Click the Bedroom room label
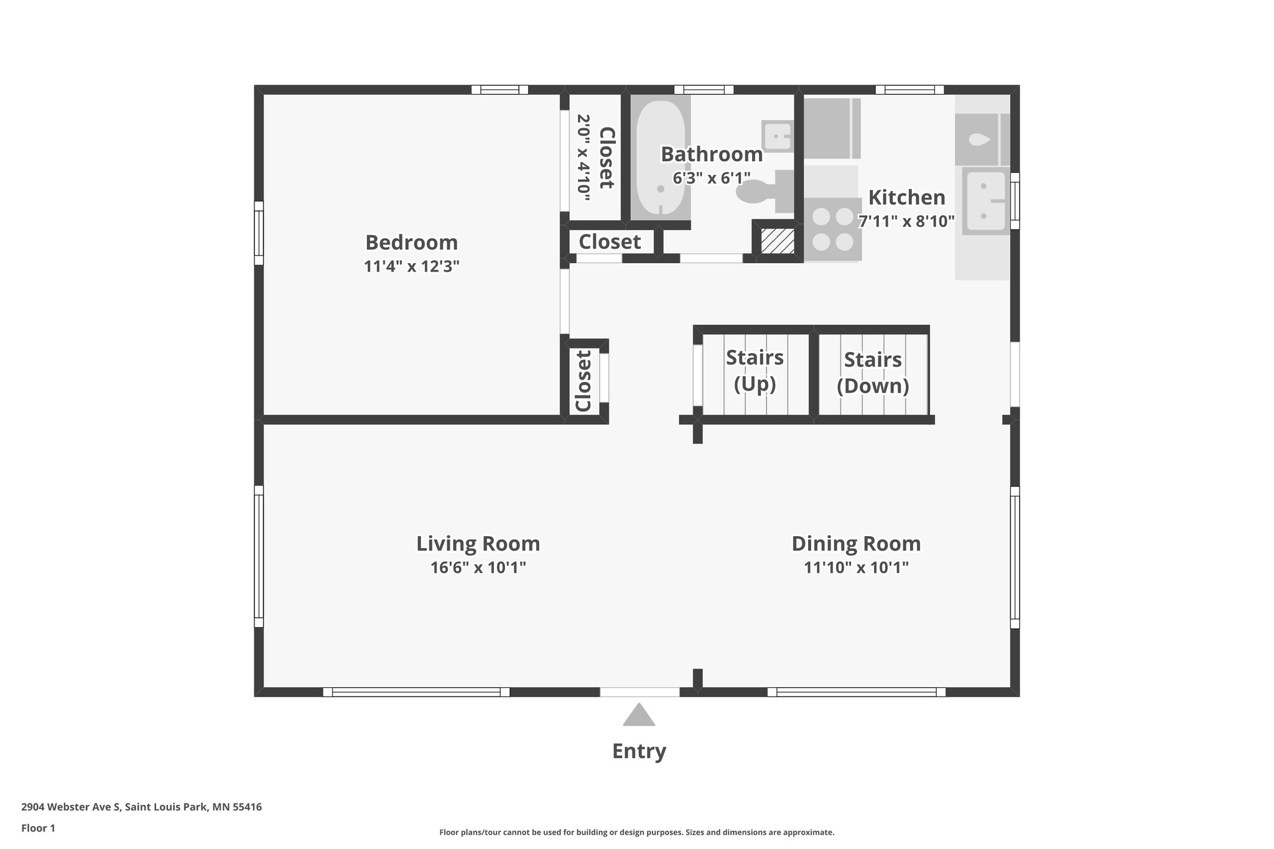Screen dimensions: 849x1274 point(411,242)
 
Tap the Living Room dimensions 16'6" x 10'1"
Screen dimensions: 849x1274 point(478,568)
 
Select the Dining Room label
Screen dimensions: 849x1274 point(856,544)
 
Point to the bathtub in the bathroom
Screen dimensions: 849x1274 point(660,158)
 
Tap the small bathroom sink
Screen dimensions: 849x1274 point(777,136)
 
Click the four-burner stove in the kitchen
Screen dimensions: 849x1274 point(833,229)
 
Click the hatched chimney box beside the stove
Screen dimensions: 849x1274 point(778,241)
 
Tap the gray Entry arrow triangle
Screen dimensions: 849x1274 point(639,716)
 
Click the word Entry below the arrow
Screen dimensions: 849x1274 point(639,751)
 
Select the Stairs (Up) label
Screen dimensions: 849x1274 point(755,371)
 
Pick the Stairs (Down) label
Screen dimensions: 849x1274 point(873,373)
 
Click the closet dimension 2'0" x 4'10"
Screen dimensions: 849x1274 point(583,157)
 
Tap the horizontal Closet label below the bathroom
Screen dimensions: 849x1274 point(610,241)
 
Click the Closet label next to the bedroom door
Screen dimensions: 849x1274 point(583,381)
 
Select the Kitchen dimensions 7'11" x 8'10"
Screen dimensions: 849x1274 point(906,221)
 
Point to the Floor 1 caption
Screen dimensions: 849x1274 point(38,828)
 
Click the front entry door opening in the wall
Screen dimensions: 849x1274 point(639,692)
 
